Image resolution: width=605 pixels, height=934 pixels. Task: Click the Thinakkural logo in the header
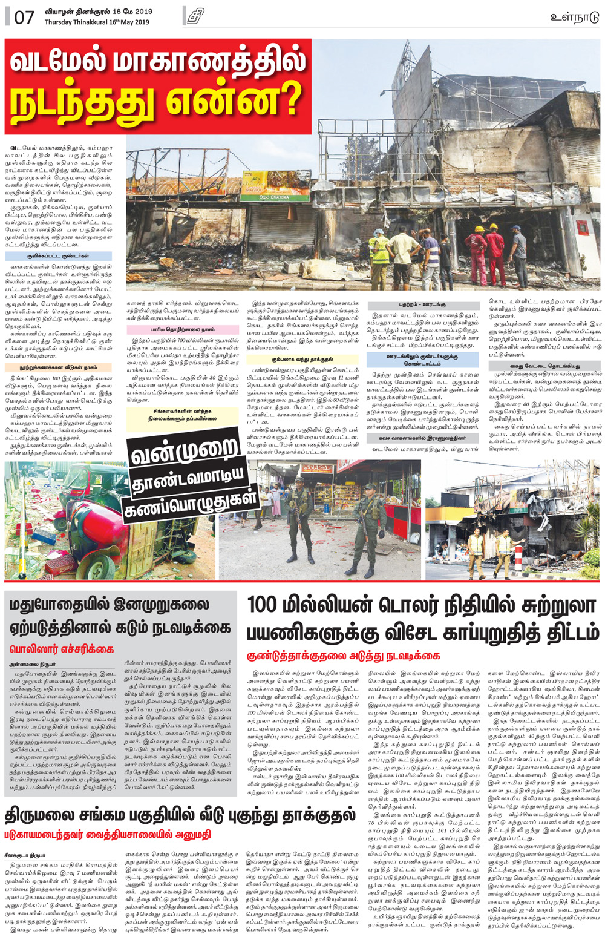(195, 16)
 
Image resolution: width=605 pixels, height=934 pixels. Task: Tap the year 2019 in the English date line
(141, 22)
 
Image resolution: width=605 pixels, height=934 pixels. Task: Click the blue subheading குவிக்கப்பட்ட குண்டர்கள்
(57, 256)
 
